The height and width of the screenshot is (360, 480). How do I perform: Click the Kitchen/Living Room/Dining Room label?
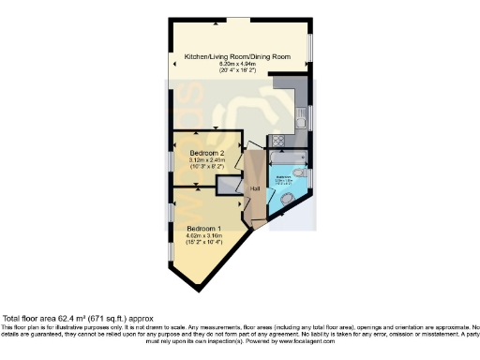(236, 56)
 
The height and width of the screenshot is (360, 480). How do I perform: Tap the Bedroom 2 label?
(207, 153)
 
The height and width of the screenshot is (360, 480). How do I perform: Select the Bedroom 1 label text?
(204, 229)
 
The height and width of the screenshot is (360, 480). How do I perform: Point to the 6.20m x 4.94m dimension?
(236, 64)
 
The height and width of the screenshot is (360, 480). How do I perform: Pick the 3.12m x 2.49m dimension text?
(207, 160)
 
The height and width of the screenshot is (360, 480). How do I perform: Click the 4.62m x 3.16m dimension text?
(204, 235)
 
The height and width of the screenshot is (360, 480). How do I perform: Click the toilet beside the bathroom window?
(300, 174)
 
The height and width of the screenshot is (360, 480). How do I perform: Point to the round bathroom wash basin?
(288, 199)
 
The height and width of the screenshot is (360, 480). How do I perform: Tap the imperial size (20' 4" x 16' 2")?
(236, 70)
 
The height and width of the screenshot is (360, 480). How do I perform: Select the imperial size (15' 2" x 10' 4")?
(204, 242)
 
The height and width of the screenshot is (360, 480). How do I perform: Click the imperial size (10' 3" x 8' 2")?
(207, 167)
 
